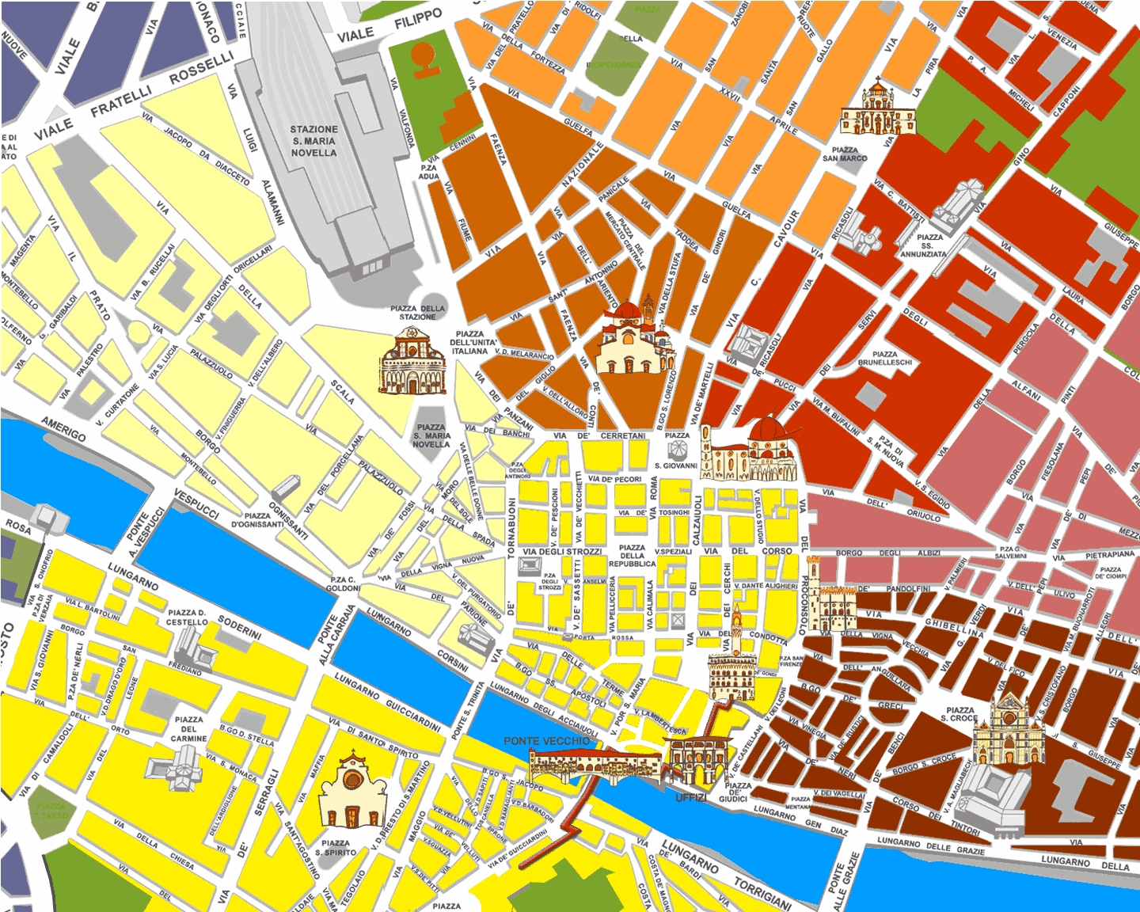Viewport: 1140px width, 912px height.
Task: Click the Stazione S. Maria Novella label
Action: tap(313, 141)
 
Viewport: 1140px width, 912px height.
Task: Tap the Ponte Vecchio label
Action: tap(546, 741)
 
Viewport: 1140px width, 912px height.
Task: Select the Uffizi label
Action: tap(690, 797)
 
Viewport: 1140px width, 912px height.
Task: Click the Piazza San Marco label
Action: tap(845, 154)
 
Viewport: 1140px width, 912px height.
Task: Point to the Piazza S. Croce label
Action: tap(959, 714)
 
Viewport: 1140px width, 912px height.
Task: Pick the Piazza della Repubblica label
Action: tap(632, 556)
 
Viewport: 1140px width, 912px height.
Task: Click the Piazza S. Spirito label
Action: tap(335, 848)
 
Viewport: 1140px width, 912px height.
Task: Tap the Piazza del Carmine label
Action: tap(189, 729)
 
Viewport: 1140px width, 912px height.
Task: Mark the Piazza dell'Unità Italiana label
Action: tap(470, 343)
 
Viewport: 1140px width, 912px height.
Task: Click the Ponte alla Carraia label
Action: tap(327, 638)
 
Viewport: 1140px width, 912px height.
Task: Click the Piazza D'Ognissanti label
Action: tap(257, 520)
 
